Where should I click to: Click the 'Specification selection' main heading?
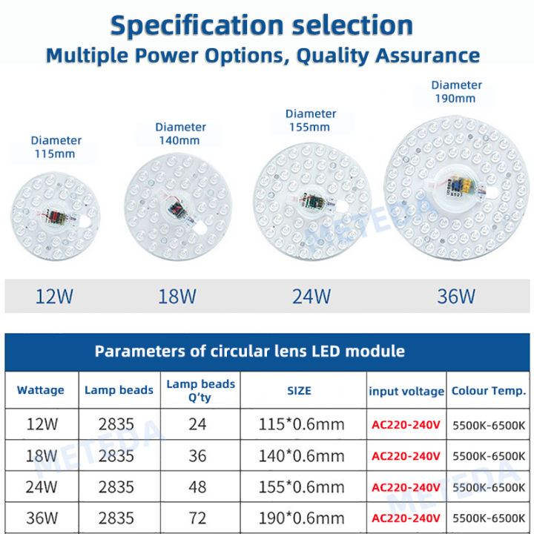pyautogui.click(x=261, y=25)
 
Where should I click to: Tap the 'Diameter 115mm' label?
pyautogui.click(x=56, y=147)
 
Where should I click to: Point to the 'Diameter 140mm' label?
pyautogui.click(x=181, y=133)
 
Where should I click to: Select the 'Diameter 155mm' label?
pyautogui.click(x=311, y=120)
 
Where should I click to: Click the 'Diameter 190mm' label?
pyautogui.click(x=456, y=91)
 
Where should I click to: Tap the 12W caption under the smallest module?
pyautogui.click(x=55, y=297)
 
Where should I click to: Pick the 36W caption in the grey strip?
pyautogui.click(x=456, y=297)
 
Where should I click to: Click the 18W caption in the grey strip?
pyautogui.click(x=177, y=297)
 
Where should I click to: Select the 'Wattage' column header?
pyautogui.click(x=41, y=390)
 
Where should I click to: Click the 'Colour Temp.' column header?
pyautogui.click(x=489, y=390)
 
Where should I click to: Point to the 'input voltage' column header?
pyautogui.click(x=406, y=391)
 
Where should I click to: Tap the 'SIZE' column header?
pyautogui.click(x=299, y=390)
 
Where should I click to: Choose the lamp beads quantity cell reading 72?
pyautogui.click(x=197, y=517)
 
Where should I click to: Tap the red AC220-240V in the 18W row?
pyautogui.click(x=406, y=456)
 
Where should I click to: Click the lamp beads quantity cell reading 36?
pyautogui.click(x=197, y=455)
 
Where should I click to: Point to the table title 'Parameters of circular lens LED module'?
pyautogui.click(x=249, y=352)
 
